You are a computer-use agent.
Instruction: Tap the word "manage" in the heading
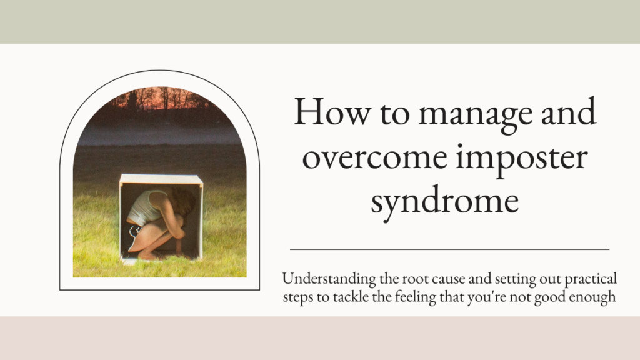click(476, 115)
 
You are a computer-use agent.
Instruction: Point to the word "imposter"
click(522, 159)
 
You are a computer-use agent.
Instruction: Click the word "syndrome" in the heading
click(445, 203)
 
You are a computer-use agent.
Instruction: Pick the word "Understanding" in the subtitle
click(329, 280)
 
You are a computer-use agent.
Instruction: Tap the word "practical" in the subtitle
click(591, 280)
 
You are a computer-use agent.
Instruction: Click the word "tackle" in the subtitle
click(351, 296)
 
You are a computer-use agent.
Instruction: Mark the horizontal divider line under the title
click(450, 249)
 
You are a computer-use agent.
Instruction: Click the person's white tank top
click(144, 207)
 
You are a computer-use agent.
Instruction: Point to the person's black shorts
click(132, 236)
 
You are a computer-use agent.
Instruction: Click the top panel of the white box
click(161, 179)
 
